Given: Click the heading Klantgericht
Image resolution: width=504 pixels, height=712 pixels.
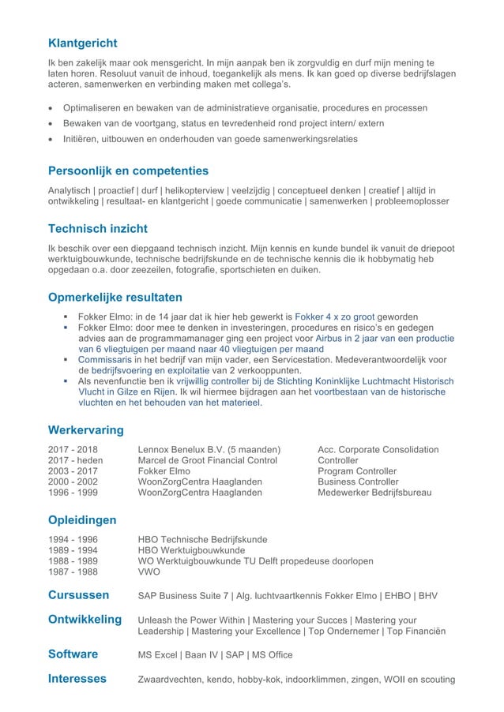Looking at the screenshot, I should pos(83,43).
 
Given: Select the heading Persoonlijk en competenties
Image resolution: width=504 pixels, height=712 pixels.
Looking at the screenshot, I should pos(129,171).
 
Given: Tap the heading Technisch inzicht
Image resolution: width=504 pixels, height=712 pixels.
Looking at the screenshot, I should pos(98,229).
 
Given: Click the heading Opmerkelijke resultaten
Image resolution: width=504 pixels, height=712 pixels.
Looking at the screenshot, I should pos(115,298).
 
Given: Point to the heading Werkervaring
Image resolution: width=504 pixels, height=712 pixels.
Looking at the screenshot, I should pos(86,430).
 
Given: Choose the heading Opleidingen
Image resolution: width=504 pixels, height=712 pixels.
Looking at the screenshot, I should pos(82,520).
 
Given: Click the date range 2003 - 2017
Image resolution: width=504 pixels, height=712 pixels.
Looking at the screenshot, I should pos(76,471).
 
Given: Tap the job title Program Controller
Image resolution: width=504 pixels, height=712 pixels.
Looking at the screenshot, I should pos(357,471).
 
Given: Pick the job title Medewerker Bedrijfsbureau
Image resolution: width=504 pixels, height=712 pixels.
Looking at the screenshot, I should pos(374,493).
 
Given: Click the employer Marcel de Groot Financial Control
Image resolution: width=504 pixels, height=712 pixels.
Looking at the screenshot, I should pos(208,460).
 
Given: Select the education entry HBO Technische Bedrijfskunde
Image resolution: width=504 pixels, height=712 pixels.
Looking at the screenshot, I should pos(202,540).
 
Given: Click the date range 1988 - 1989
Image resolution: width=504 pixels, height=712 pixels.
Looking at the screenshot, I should pos(76,561).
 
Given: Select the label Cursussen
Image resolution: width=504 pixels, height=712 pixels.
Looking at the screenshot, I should pos(79,595).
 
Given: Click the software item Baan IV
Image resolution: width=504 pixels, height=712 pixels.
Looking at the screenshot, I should pos(202,654).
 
